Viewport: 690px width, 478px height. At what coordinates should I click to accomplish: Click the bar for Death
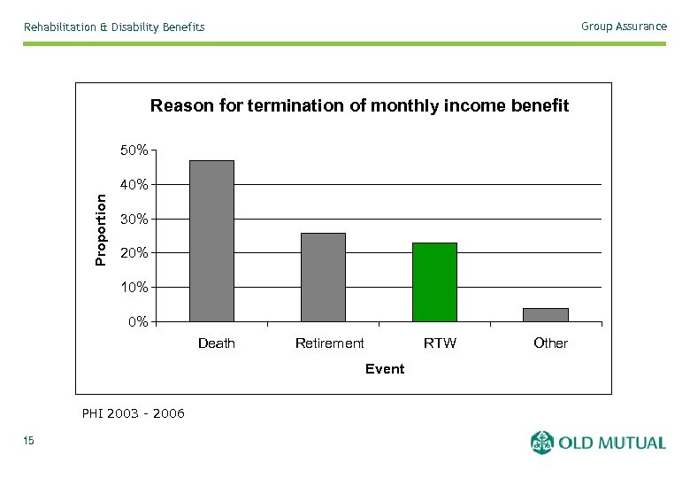[x=211, y=241]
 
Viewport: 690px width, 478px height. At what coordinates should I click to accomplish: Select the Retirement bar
[x=323, y=277]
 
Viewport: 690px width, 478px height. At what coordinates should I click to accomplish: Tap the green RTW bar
[x=434, y=281]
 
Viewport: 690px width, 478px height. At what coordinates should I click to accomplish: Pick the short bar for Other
[x=546, y=314]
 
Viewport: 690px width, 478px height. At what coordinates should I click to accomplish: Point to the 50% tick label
[x=134, y=151]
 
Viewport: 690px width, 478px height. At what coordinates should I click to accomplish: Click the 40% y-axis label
[x=134, y=185]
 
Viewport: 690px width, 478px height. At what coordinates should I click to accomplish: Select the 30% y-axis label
[x=134, y=220]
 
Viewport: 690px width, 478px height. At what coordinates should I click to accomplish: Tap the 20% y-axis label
[x=134, y=253]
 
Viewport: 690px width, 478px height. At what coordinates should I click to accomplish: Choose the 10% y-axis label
[x=134, y=288]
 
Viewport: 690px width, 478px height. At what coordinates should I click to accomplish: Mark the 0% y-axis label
[x=138, y=322]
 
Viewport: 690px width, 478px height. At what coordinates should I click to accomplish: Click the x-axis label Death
[x=217, y=343]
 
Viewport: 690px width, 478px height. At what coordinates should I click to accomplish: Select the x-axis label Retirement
[x=329, y=343]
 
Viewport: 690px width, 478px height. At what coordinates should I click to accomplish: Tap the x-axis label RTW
[x=440, y=343]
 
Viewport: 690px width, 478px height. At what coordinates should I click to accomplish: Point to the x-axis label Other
[x=550, y=343]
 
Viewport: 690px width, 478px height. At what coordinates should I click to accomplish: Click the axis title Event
[x=385, y=369]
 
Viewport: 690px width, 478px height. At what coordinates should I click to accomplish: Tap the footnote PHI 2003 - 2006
[x=133, y=413]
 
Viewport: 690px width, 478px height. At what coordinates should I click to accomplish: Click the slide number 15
[x=29, y=442]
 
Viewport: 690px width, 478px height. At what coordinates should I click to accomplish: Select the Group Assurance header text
[x=624, y=27]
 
